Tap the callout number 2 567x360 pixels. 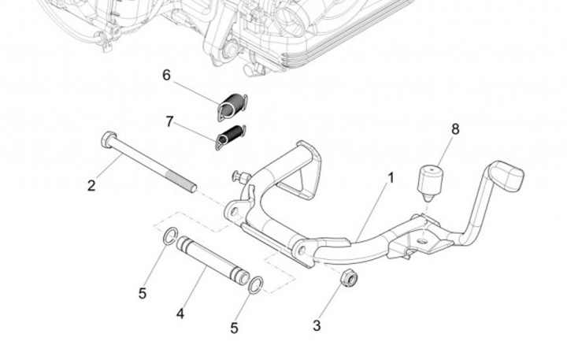pyautogui.click(x=91, y=186)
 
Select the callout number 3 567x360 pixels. pyautogui.click(x=317, y=325)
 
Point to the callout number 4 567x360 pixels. pyautogui.click(x=180, y=314)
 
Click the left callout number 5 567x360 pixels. pyautogui.click(x=143, y=294)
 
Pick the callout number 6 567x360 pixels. pyautogui.click(x=166, y=76)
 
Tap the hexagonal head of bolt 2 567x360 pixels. pyautogui.click(x=108, y=141)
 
